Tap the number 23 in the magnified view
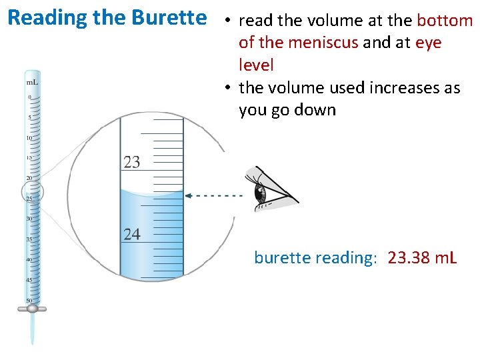132,161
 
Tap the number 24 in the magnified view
132,233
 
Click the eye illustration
267,190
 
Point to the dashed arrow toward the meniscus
213,195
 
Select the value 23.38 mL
422,257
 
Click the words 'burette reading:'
315,257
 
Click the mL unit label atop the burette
31,82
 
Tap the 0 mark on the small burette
29,97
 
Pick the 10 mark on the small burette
29,138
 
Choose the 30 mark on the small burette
29,219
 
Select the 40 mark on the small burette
29,259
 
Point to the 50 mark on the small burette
29,300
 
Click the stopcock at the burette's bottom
32,309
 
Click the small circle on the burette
32,193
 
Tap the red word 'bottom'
445,21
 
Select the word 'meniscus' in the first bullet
325,43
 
